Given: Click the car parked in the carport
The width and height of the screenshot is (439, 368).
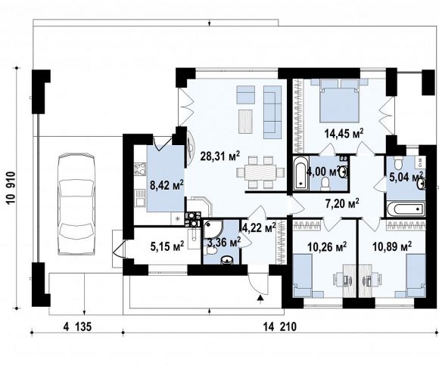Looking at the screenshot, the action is coord(76,204).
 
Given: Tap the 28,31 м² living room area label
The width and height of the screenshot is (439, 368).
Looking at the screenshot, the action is coord(220,156).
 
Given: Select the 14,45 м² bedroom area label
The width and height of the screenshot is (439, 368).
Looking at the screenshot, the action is coord(344,134).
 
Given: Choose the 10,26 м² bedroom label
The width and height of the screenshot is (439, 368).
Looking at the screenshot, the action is coord(327,246).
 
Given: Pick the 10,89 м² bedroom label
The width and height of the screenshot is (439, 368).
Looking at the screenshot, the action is coord(392,246).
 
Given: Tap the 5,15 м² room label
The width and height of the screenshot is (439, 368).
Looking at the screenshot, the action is coord(167,246).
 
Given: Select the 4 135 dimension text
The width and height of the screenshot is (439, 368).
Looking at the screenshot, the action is coord(77,326).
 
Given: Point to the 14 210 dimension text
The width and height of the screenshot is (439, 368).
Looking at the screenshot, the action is coord(280,326).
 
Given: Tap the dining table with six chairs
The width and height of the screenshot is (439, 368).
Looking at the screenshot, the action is coord(260,172).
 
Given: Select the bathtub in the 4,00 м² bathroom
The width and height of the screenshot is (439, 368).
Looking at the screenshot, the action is coord(301,173).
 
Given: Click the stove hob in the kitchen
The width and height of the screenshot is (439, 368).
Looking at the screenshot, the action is coord(140,169).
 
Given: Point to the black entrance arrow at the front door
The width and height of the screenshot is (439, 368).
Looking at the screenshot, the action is coord(260,299).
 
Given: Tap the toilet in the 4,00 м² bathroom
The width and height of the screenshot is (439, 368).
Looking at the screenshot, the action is coord(325,183).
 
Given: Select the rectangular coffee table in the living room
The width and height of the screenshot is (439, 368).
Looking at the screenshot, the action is coord(246,122).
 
